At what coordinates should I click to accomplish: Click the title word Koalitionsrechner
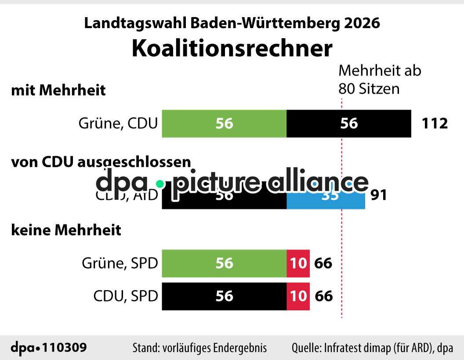(232, 48)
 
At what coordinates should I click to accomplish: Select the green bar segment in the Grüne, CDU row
(224, 124)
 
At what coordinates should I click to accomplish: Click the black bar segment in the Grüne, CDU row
(349, 124)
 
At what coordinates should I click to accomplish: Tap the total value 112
(435, 124)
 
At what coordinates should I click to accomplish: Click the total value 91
(378, 195)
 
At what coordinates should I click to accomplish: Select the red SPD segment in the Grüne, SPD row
(298, 263)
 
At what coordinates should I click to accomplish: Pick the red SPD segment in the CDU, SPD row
(298, 296)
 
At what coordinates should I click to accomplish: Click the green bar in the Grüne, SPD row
(224, 263)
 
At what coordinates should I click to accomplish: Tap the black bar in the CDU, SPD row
(224, 296)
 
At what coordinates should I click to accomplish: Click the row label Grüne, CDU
(118, 124)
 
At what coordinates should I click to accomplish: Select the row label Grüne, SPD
(120, 263)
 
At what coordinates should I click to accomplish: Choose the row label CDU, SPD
(125, 296)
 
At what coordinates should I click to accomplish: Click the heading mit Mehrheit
(58, 90)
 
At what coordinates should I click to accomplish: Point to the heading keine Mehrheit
(66, 230)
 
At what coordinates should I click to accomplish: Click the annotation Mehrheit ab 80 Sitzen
(379, 80)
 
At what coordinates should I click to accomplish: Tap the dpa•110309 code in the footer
(48, 348)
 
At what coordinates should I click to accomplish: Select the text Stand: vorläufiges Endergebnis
(199, 348)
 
